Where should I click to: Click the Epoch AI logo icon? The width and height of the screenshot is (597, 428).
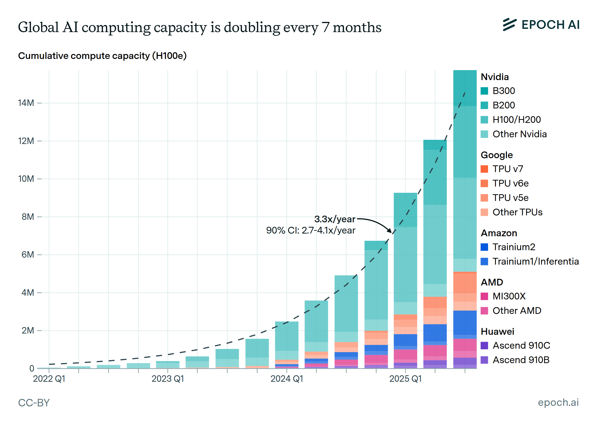(509, 24)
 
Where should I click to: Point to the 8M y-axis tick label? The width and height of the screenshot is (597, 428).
(28, 217)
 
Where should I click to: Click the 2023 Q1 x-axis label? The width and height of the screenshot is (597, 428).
(168, 379)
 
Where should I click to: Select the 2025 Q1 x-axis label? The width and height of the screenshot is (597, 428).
(405, 379)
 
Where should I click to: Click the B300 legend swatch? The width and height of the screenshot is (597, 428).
(484, 91)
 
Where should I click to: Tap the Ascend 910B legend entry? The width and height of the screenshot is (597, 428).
(521, 360)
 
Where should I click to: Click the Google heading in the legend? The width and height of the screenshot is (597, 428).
(497, 155)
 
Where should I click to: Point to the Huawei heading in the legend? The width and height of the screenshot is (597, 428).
(497, 332)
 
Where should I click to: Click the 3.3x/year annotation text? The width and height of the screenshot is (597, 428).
(335, 219)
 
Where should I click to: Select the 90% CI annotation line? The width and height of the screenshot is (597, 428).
(311, 230)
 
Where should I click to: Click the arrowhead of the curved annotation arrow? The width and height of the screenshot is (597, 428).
(390, 231)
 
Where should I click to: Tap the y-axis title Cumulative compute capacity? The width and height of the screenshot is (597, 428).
(102, 56)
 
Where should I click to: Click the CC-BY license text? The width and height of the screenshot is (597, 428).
(34, 403)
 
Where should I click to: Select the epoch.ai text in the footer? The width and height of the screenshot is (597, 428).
(558, 402)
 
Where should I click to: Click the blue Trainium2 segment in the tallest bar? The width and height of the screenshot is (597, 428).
(465, 323)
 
